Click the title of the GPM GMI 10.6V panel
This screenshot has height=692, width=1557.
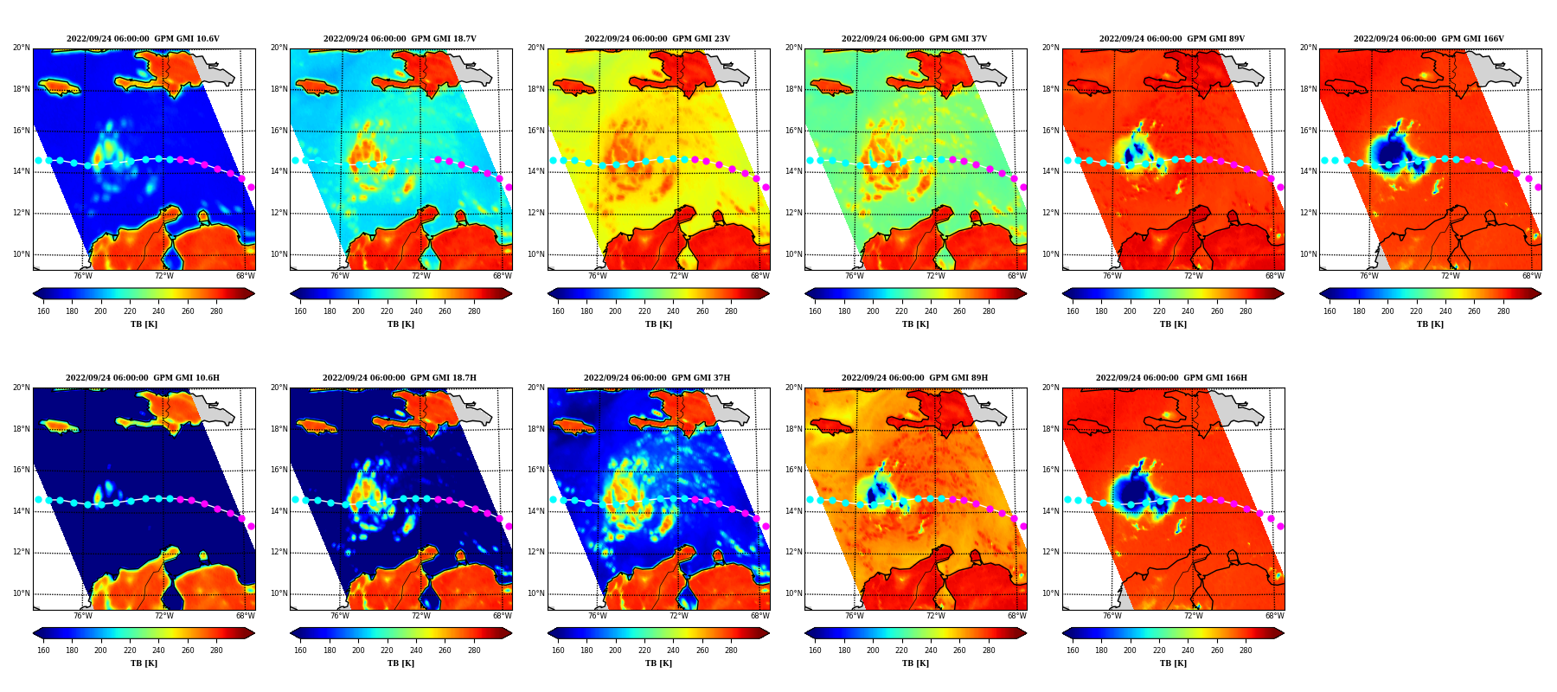[143, 39]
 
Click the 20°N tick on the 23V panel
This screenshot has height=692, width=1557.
[536, 48]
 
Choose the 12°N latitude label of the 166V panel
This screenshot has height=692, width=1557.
[1308, 213]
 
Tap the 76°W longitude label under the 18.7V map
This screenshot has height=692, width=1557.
[340, 277]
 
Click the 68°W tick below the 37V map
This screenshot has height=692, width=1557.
[1017, 277]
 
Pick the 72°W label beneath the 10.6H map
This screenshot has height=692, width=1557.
[164, 616]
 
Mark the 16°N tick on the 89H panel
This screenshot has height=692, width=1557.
[793, 470]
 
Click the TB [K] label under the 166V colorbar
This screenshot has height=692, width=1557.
[1430, 324]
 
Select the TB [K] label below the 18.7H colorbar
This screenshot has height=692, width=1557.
[400, 663]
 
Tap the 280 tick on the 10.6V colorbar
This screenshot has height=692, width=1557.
[216, 311]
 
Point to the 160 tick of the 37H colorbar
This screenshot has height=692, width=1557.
[558, 650]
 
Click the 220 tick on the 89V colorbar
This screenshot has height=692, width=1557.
[1159, 311]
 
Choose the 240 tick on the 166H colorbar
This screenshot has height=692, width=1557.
[1188, 650]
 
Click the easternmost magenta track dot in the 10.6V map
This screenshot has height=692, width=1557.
[251, 187]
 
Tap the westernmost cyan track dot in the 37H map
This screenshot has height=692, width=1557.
[554, 499]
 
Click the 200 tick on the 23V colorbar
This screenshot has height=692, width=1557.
[615, 311]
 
